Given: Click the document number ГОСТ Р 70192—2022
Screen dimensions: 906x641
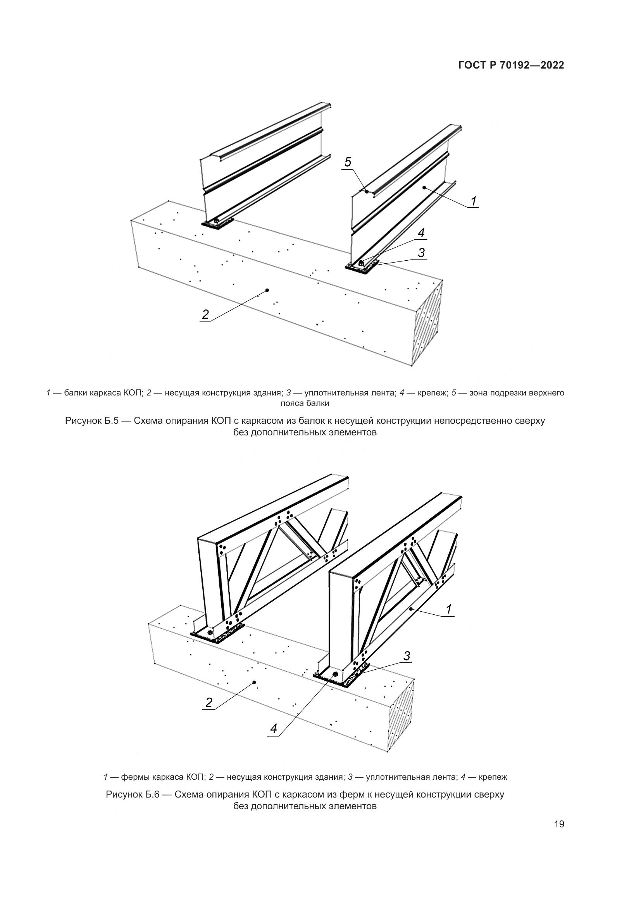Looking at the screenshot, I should click(x=511, y=65).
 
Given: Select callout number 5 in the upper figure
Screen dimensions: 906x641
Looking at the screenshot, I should click(x=348, y=162).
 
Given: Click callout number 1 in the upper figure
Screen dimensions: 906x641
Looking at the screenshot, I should click(x=474, y=201).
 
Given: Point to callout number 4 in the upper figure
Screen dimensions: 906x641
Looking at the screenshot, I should click(x=421, y=233).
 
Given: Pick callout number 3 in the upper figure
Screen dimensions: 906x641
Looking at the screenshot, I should click(x=421, y=253).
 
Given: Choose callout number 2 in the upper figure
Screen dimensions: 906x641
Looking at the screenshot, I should click(x=205, y=315).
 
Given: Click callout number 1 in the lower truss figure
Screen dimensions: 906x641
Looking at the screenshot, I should click(x=448, y=610).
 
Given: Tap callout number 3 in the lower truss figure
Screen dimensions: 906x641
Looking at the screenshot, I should click(x=407, y=656).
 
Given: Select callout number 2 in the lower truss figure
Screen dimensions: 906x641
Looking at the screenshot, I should click(x=209, y=702).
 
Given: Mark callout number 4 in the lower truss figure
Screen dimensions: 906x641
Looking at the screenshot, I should click(x=274, y=729).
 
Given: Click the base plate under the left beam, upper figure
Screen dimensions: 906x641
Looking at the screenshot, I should click(x=217, y=225).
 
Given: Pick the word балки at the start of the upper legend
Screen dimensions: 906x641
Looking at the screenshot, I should click(x=73, y=393).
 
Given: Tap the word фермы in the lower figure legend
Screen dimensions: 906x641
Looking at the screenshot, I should click(x=133, y=777).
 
